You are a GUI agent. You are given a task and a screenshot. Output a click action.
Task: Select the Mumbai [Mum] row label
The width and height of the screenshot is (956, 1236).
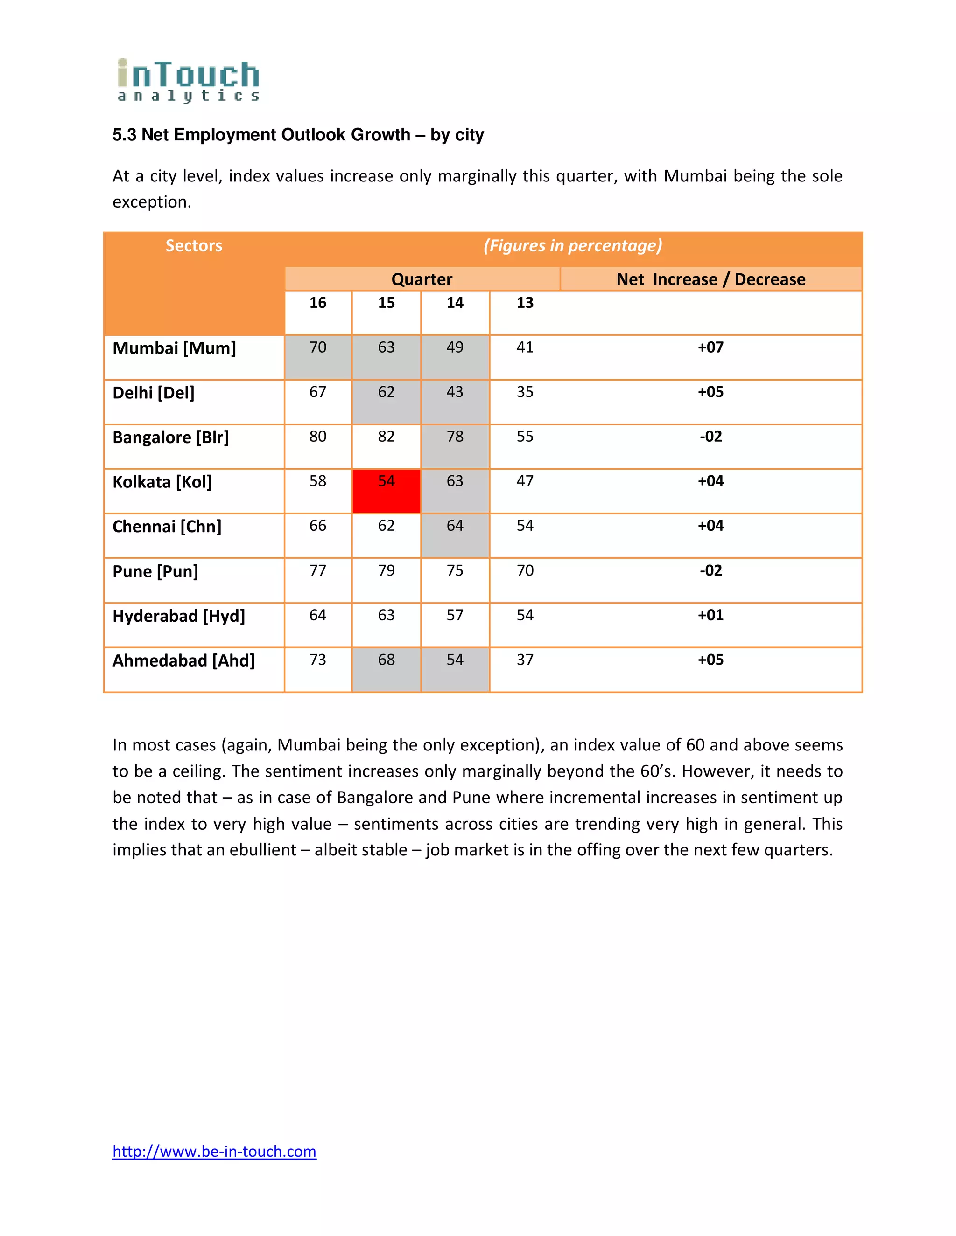pyautogui.click(x=174, y=348)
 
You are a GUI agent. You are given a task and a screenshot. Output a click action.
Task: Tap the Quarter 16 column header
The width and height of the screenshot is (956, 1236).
pyautogui.click(x=318, y=303)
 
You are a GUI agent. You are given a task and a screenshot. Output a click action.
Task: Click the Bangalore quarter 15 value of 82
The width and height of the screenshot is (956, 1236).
pyautogui.click(x=386, y=437)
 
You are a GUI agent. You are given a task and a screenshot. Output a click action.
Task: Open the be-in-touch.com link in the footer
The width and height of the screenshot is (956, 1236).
pyautogui.click(x=214, y=1151)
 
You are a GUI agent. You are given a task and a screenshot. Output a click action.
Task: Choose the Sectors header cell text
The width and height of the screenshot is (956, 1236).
pyautogui.click(x=194, y=246)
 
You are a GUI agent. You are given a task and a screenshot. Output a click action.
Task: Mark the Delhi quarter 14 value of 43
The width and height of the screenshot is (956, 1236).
pyautogui.click(x=455, y=392)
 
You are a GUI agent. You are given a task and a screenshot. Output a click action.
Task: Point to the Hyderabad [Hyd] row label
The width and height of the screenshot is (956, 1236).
pyautogui.click(x=178, y=616)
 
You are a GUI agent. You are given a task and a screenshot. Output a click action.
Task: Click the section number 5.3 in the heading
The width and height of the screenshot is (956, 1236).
pyautogui.click(x=124, y=135)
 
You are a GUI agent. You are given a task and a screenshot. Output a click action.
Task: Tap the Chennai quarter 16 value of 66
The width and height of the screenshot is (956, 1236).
pyautogui.click(x=318, y=526)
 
